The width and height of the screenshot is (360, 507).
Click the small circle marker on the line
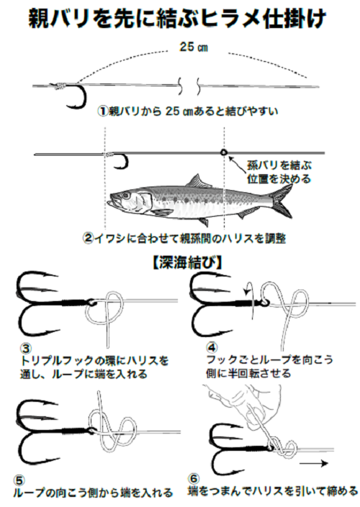224,152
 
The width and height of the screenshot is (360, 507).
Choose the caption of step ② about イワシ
184,238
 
